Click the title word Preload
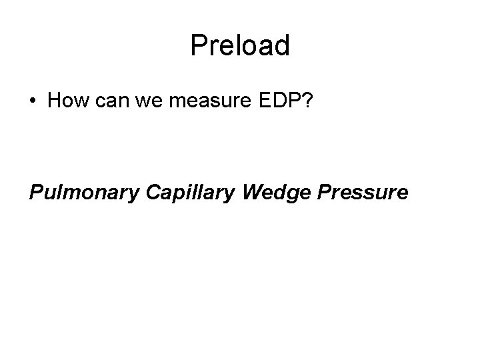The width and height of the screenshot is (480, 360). pos(240,46)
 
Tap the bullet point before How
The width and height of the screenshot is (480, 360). pos(33,103)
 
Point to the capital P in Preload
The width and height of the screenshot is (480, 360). pos(197,46)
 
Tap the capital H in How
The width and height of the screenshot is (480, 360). pos(55,101)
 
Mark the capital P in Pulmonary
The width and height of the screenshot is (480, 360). pos(36,192)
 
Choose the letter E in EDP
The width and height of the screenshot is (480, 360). pos(239,101)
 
